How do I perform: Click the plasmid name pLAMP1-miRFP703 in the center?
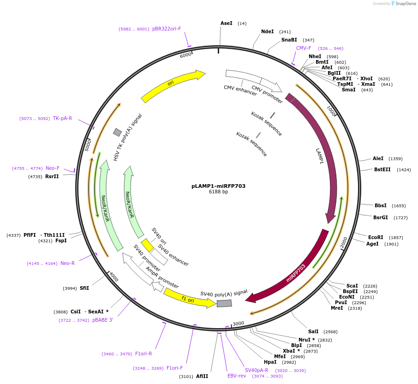tap(218, 186)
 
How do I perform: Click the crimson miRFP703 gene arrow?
tap(295, 272)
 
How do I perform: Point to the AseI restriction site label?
tap(227, 23)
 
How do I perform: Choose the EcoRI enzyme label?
tap(376, 237)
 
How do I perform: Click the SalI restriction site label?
tap(313, 331)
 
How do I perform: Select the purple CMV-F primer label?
tap(304, 48)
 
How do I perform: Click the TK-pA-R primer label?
tap(62, 118)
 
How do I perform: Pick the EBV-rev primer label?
tap(237, 376)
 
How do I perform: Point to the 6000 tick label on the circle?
tap(185, 55)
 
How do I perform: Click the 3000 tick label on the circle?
tap(238, 324)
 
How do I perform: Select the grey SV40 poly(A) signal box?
tap(224, 303)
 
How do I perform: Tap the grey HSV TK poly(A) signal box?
tap(117, 132)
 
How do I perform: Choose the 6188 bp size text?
tap(218, 192)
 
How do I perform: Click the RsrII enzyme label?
tap(52, 176)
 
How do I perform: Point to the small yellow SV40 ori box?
tap(147, 245)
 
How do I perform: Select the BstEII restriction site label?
tap(382, 169)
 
